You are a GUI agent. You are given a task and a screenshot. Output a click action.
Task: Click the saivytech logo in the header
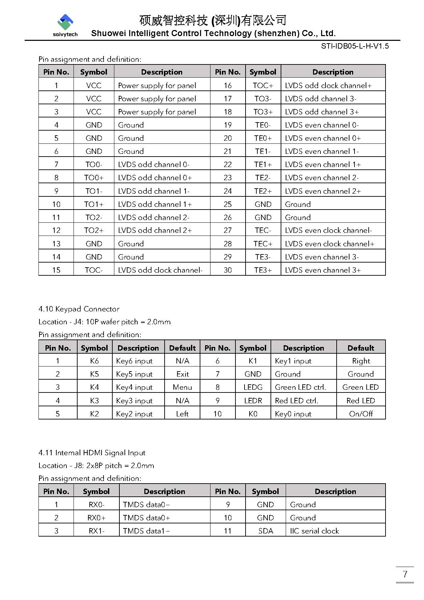65,25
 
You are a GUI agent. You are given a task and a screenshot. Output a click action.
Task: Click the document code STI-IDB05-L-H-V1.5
355,46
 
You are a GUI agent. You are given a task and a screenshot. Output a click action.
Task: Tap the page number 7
405,574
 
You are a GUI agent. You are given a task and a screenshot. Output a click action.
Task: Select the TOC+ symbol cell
263,86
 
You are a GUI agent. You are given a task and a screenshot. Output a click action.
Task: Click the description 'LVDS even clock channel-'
328,230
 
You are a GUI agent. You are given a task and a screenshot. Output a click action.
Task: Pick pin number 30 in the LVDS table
228,270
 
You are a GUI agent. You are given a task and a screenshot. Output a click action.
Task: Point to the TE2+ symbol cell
263,191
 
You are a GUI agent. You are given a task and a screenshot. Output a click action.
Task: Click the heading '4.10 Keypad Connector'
79,309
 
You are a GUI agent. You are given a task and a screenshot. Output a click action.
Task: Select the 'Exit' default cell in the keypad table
182,374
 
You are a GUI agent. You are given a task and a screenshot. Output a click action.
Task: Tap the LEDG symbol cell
253,387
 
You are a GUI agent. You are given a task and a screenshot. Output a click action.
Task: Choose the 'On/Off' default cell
361,414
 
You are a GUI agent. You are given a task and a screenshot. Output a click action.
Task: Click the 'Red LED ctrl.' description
296,401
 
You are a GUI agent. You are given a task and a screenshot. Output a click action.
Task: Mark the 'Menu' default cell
182,387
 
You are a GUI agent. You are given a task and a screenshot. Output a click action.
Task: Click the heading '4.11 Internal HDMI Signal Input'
92,453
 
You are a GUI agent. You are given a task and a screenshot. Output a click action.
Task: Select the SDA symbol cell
265,531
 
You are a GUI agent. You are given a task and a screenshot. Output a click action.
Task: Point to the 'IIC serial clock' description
314,531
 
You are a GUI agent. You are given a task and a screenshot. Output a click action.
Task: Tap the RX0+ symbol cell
96,518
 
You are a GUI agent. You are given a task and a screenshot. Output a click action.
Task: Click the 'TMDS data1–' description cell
146,531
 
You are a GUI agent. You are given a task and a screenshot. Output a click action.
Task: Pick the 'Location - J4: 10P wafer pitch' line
105,322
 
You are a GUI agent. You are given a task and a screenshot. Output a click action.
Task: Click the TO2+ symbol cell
94,230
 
